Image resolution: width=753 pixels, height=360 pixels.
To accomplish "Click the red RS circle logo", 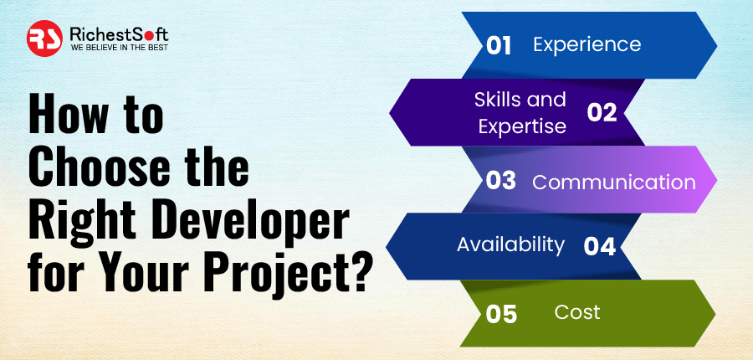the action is coord(44,39).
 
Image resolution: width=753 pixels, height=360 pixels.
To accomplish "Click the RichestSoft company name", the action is coord(119,34).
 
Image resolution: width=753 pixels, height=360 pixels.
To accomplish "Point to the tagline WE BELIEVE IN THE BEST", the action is coord(120,48).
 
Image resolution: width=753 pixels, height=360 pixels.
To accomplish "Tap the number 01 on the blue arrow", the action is coord(499,47).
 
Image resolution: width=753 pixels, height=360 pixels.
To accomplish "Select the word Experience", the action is coord(587,44).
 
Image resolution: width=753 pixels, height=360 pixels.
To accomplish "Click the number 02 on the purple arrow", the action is coord(602,113).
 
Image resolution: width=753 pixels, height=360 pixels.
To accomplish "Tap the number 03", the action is coord(500,181).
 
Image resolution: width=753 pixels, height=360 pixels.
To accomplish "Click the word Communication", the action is coord(614,183).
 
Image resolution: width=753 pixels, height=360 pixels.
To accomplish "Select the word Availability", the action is coord(510,245).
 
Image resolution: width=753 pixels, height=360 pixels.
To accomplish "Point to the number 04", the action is coord(599,247).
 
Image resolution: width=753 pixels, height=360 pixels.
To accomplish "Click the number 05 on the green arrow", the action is coord(501,314).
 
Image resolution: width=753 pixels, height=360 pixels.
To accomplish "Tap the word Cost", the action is coord(576,312).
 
